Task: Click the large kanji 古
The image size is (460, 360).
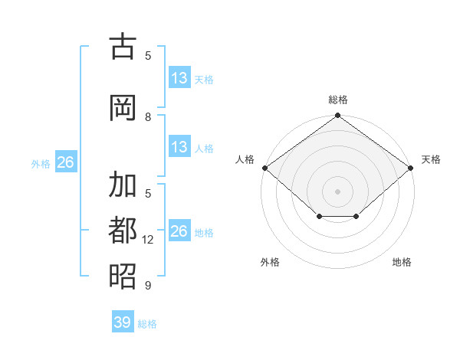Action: pos(123,46)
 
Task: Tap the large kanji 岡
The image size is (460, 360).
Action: pos(123,107)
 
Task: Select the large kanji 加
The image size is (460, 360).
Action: pos(123,184)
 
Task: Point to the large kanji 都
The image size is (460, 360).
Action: pos(123,230)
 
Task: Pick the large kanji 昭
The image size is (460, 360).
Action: pos(123,276)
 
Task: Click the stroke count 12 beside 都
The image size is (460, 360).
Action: pos(147,240)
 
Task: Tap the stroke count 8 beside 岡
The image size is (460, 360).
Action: pos(148,117)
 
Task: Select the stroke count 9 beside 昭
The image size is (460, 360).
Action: pos(148,285)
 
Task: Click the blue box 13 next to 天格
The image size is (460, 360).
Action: pos(179,77)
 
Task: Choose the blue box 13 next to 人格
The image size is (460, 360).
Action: pos(179,146)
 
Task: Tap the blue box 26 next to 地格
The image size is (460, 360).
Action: pos(179,230)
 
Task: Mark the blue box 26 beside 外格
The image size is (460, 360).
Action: pos(66,162)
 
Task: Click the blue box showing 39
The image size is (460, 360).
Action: pos(123,321)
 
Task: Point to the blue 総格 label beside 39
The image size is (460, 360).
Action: pos(147,324)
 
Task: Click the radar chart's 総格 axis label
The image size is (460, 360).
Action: pos(337,100)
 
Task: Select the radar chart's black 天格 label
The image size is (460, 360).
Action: pos(431,159)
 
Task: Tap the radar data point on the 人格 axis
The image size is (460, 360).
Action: pos(265,168)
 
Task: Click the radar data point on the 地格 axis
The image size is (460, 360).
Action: pos(356,216)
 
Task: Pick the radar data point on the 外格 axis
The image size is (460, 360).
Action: pos(320,216)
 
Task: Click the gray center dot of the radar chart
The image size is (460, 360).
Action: pos(337,191)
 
